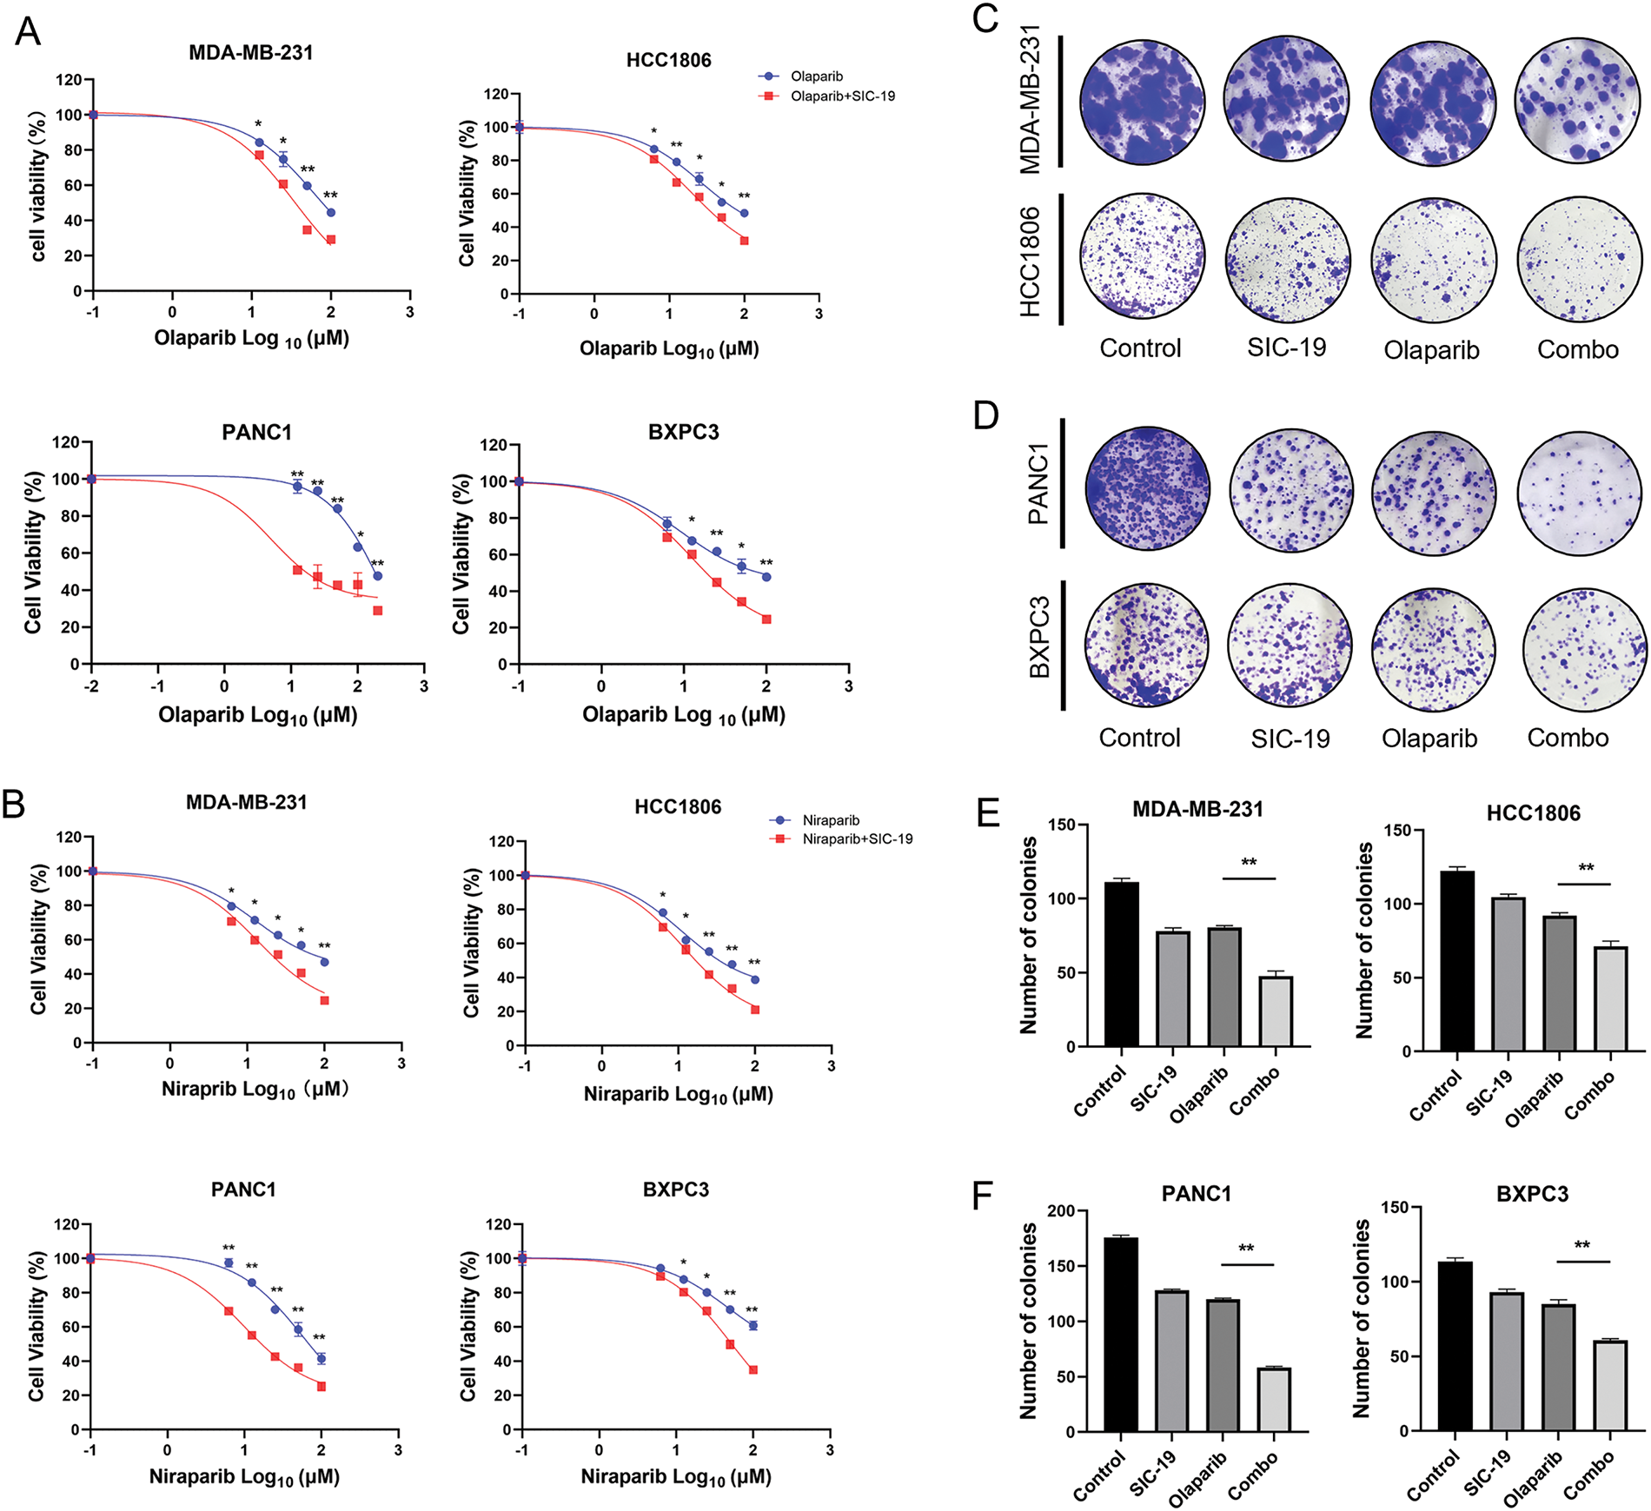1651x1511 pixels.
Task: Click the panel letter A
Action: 28,31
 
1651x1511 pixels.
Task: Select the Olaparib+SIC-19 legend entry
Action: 841,96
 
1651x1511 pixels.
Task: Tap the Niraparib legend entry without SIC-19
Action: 830,820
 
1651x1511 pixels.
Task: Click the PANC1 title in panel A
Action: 256,433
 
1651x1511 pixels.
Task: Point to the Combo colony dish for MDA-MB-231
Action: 1578,101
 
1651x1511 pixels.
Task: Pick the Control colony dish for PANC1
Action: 1147,488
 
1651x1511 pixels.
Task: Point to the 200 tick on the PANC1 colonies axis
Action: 1060,1211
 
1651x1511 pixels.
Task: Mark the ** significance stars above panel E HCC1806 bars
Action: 1586,868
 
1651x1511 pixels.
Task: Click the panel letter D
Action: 986,416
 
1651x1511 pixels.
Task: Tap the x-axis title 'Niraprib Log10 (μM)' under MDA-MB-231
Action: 255,1090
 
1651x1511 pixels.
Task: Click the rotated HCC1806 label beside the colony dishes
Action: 1030,261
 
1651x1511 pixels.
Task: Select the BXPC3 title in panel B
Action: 675,1190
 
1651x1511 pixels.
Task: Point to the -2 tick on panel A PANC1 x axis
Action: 91,686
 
